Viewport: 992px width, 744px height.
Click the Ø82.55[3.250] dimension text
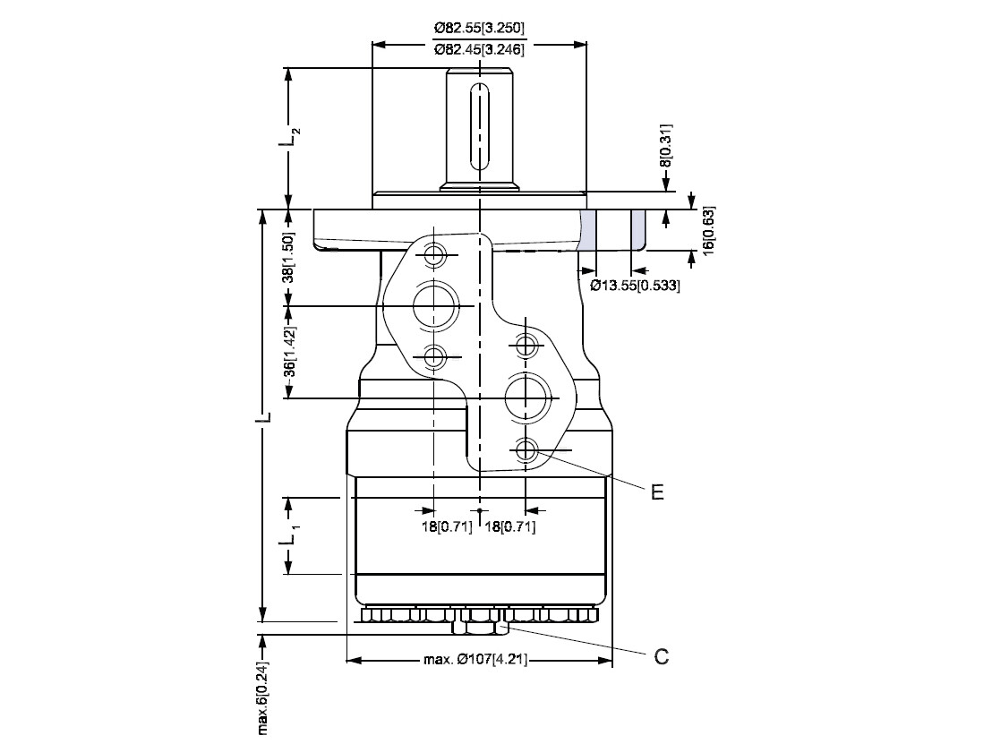[480, 28]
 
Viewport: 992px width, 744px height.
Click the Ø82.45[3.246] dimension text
[480, 49]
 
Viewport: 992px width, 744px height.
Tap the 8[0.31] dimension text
[665, 146]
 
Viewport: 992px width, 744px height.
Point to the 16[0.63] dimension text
[708, 230]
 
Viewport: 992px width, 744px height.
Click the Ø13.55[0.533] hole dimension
[635, 286]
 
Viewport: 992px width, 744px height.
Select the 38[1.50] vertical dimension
[288, 258]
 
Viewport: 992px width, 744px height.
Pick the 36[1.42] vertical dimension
[289, 352]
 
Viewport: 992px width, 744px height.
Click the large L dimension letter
[266, 417]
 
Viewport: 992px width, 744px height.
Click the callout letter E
[658, 492]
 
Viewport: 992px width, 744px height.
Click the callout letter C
[661, 656]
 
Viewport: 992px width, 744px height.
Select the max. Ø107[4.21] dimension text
[475, 661]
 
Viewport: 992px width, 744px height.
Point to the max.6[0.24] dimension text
[263, 698]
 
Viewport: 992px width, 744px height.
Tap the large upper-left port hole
[435, 306]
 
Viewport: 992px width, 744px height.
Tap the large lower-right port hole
[527, 398]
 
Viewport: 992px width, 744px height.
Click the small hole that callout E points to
[526, 450]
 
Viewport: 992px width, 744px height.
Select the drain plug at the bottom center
[480, 628]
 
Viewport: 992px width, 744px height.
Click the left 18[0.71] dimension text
[447, 527]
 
